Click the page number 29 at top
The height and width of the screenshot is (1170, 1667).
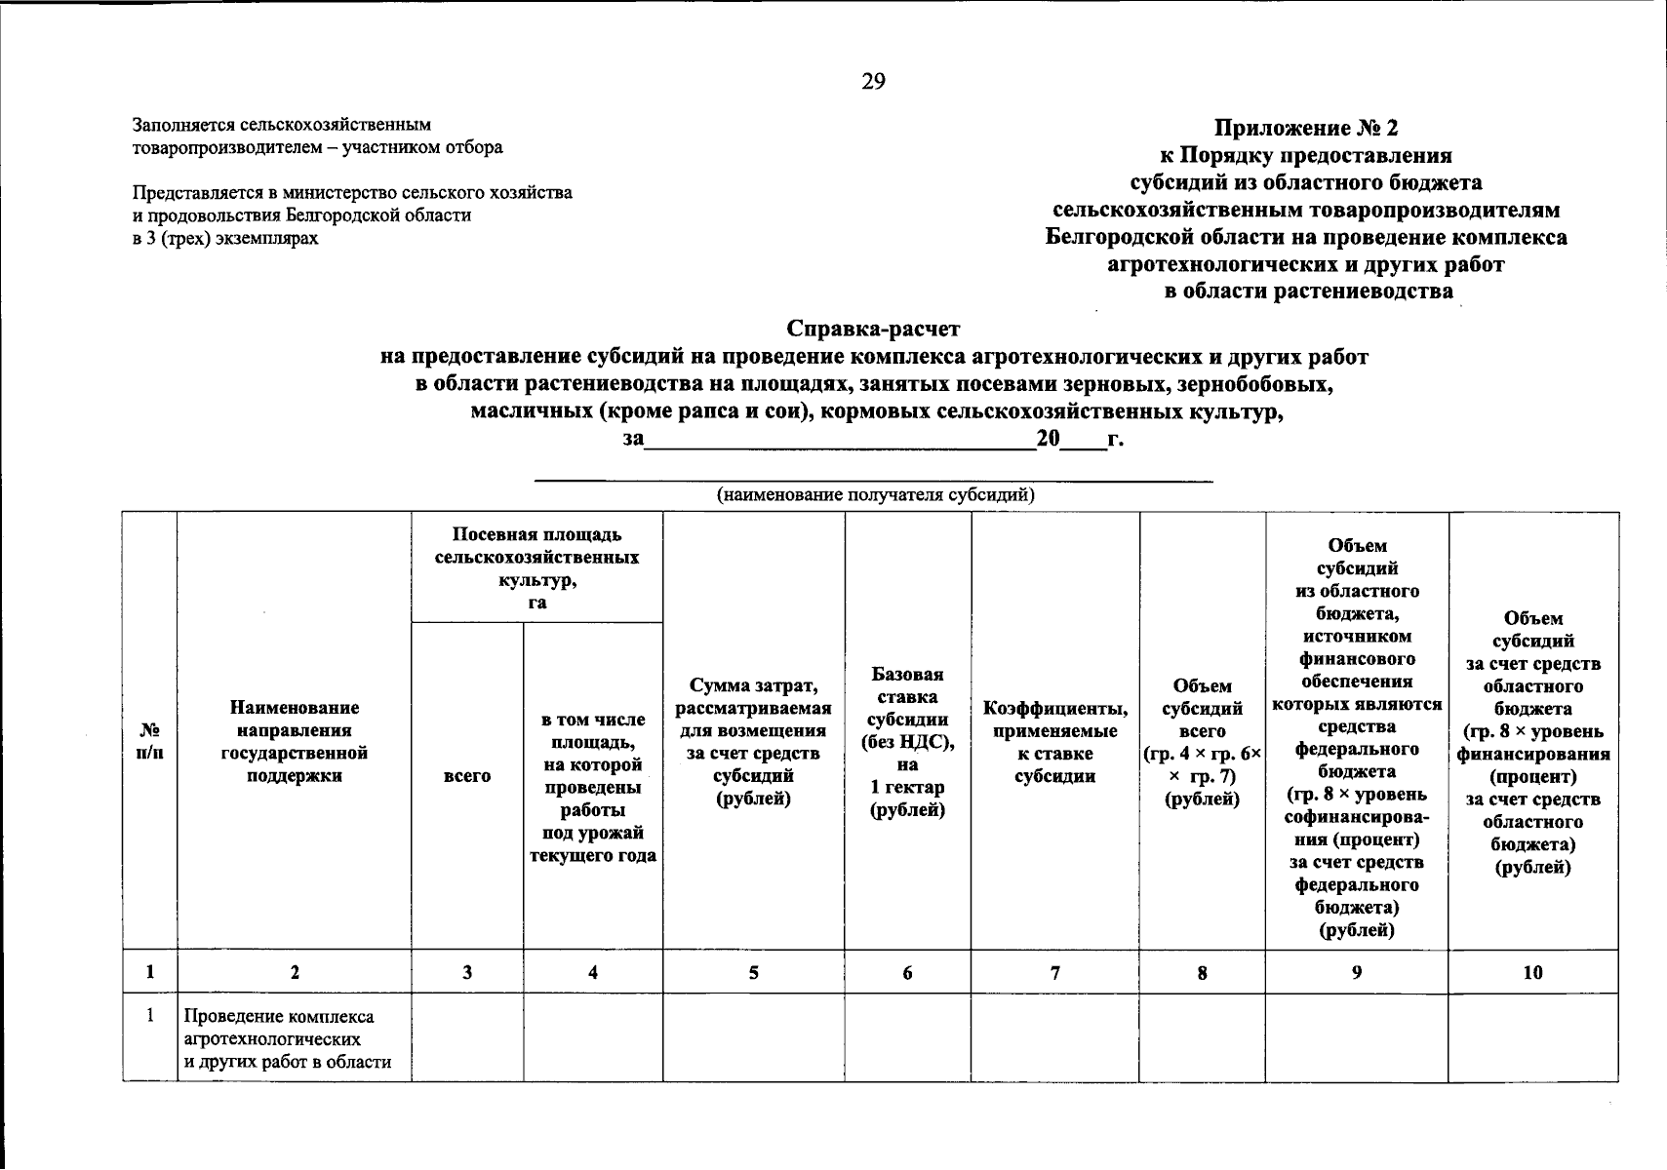pyautogui.click(x=872, y=82)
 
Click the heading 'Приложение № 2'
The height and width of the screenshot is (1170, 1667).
pyautogui.click(x=1305, y=129)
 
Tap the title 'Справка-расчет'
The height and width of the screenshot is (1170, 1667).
pyautogui.click(x=873, y=330)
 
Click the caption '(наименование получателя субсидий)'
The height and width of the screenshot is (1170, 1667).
pyautogui.click(x=875, y=495)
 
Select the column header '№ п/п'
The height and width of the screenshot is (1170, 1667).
pyautogui.click(x=149, y=741)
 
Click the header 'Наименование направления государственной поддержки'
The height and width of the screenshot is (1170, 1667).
pyautogui.click(x=294, y=741)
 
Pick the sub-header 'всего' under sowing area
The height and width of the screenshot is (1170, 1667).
pyautogui.click(x=467, y=776)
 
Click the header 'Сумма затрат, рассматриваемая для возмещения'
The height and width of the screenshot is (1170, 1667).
pyautogui.click(x=753, y=741)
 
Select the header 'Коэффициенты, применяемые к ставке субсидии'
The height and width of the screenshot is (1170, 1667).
pyautogui.click(x=1054, y=741)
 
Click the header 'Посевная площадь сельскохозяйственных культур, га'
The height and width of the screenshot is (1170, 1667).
pyautogui.click(x=536, y=567)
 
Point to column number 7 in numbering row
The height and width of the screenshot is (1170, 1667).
pyautogui.click(x=1054, y=972)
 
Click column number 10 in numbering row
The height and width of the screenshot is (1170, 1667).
pyautogui.click(x=1532, y=972)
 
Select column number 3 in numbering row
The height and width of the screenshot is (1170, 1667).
pyautogui.click(x=467, y=972)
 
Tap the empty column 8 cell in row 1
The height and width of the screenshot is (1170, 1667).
pyautogui.click(x=1202, y=1037)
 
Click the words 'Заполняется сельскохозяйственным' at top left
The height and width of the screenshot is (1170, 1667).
pyautogui.click(x=281, y=125)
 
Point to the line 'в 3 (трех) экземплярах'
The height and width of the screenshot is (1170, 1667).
pyautogui.click(x=225, y=238)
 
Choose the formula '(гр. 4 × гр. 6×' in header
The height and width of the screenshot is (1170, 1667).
pyautogui.click(x=1202, y=754)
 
